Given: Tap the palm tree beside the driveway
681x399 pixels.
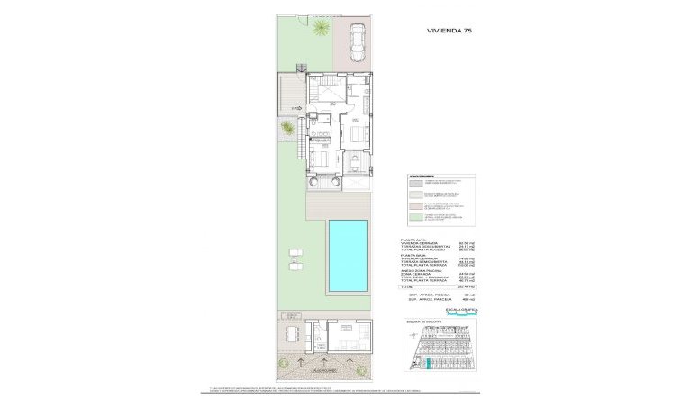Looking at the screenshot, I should click(320, 32).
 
